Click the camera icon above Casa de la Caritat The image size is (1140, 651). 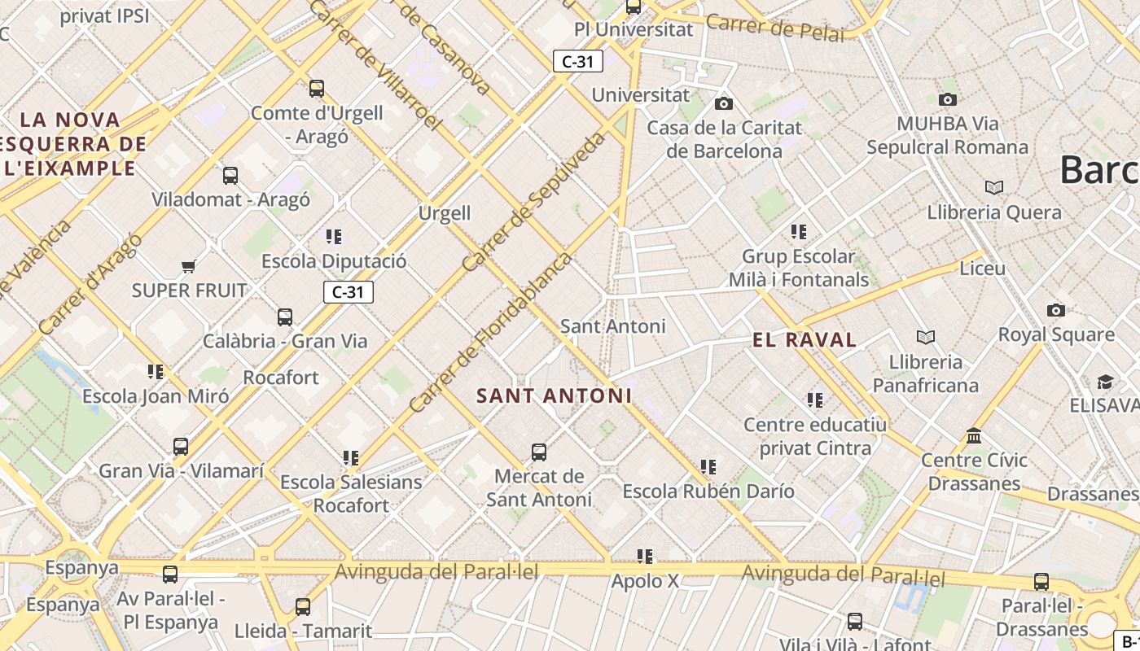coord(723,103)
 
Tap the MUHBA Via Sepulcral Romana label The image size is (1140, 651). coord(947,136)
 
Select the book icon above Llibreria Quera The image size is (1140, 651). coord(993,188)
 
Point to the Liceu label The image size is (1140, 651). coord(982,268)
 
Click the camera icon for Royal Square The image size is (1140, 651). coord(1055,310)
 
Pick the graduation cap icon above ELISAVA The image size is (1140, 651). coord(1105,382)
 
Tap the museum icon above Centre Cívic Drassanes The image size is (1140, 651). coord(974,436)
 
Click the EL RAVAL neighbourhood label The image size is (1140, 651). coord(805,340)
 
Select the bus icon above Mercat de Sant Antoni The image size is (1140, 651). coord(538,452)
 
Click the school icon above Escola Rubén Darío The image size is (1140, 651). coord(708,467)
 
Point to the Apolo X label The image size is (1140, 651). coord(645,581)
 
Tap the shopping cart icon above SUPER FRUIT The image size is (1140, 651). coord(189,266)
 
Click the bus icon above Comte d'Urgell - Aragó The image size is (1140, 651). coord(317,88)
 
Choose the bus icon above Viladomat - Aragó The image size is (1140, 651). coord(230,175)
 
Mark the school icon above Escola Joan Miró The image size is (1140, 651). coord(156,372)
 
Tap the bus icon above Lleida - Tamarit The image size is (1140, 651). coord(303,606)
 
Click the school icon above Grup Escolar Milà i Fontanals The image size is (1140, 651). coord(799,232)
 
